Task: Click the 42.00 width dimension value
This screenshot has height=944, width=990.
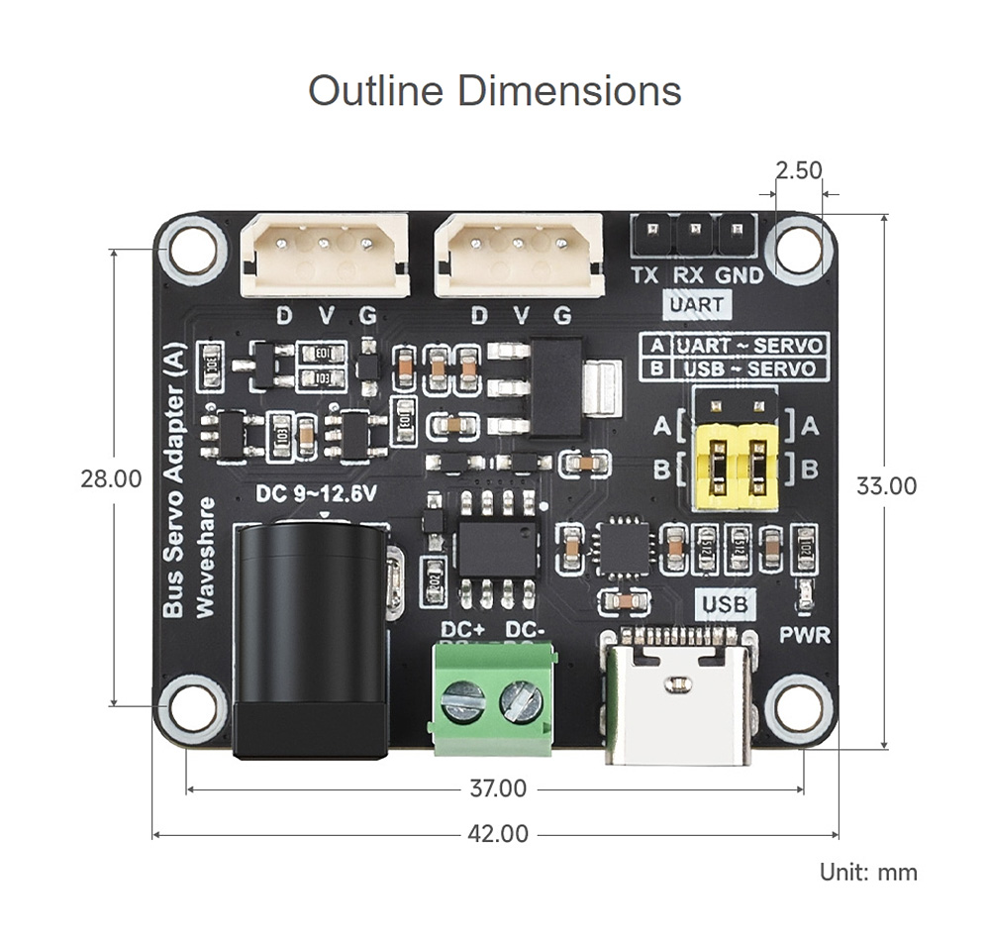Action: click(498, 834)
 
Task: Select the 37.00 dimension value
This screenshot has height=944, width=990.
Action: click(498, 789)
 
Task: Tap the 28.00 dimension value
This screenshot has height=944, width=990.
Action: click(111, 478)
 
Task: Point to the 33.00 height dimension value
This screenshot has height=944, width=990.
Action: click(886, 485)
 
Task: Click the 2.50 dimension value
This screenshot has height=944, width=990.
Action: click(799, 170)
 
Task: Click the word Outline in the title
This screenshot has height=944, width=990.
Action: click(375, 90)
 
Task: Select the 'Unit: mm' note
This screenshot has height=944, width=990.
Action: click(868, 872)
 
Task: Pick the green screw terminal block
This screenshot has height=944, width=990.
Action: click(492, 696)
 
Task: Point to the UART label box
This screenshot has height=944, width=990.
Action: click(696, 305)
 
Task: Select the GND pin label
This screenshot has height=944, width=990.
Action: click(740, 276)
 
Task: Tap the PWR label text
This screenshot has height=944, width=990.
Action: click(805, 635)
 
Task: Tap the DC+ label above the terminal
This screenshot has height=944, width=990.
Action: click(461, 630)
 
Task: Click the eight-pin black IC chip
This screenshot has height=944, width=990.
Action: click(497, 548)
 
